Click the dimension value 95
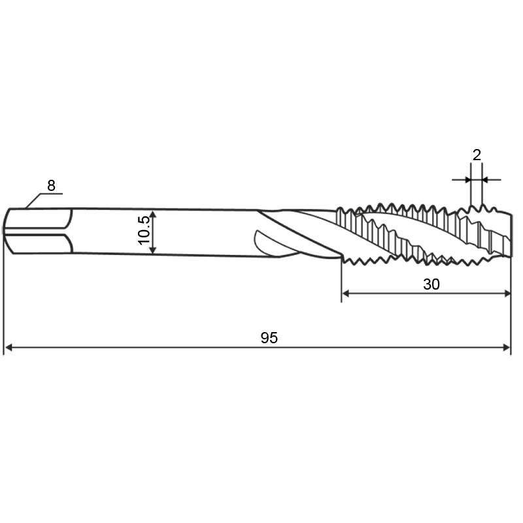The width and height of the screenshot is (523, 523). tap(269, 338)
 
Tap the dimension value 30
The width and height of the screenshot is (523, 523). tap(431, 284)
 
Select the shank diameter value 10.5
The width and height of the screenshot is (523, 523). tap(144, 230)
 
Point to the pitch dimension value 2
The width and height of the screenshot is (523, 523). tap(477, 155)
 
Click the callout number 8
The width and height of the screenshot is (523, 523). tap(51, 186)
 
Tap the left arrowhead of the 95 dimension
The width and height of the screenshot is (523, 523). tap(9, 348)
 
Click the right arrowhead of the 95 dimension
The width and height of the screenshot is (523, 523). tap(507, 348)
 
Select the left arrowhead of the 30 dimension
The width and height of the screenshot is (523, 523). tap(346, 294)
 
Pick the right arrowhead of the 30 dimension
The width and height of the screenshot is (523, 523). tap(507, 294)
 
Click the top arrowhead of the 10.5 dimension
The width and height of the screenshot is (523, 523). tap(152, 214)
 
